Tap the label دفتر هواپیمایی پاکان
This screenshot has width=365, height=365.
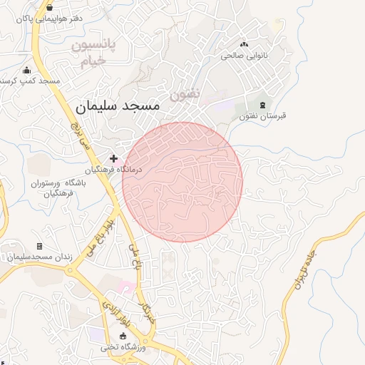[x=51, y=19]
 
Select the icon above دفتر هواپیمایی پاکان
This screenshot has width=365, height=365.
[x=50, y=7]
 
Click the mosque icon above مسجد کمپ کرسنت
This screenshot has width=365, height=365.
[x=27, y=70]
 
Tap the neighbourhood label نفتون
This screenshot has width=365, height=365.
[x=185, y=93]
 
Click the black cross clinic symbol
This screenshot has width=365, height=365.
[x=113, y=158]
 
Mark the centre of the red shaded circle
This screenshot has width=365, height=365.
[x=182, y=182]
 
